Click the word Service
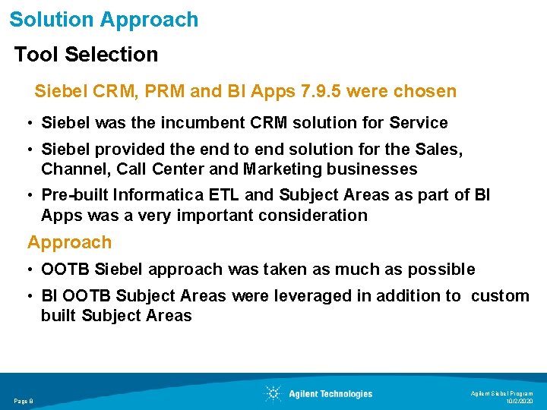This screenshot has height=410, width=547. tap(418, 122)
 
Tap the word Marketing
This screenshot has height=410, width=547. tap(289, 169)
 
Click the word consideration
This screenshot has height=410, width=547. tap(312, 215)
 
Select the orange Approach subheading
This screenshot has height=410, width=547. tap(69, 243)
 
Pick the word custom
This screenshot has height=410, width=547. tap(500, 296)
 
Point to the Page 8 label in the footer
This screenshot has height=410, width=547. tap(24, 401)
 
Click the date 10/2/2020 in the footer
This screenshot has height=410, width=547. tap(520, 401)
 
